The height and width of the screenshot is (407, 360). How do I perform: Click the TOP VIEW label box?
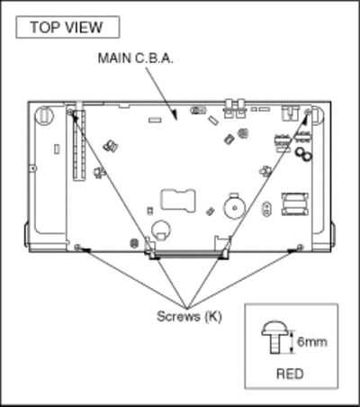pos(67,27)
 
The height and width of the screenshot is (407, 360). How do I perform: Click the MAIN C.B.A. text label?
pos(136,58)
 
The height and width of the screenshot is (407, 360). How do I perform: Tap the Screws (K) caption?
pos(189,316)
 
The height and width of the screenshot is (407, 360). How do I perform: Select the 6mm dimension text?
pos(312,341)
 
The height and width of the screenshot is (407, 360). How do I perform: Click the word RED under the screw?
pos(290,374)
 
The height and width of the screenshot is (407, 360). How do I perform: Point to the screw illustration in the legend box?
pos(275,338)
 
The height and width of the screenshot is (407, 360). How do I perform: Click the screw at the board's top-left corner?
pos(70,113)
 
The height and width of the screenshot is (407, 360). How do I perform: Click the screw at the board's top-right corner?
pos(308,112)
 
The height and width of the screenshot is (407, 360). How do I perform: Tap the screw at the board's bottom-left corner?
pos(77,247)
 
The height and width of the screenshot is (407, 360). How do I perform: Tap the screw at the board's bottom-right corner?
pos(300,247)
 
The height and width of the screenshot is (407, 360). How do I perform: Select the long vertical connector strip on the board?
pos(79,145)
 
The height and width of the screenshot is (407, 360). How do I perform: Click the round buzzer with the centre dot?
pos(235,207)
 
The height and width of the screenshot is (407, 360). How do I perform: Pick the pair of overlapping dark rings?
pos(303,154)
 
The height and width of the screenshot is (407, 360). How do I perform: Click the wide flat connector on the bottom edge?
pos(189,255)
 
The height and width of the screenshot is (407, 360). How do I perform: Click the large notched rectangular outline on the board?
pos(178,200)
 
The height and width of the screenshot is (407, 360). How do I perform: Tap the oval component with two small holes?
pos(265,209)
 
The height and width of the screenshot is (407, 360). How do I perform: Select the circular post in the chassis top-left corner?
pos(44,114)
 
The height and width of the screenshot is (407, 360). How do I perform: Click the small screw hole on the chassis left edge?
pos(34,168)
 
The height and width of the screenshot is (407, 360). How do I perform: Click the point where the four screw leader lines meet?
pos(187,308)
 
